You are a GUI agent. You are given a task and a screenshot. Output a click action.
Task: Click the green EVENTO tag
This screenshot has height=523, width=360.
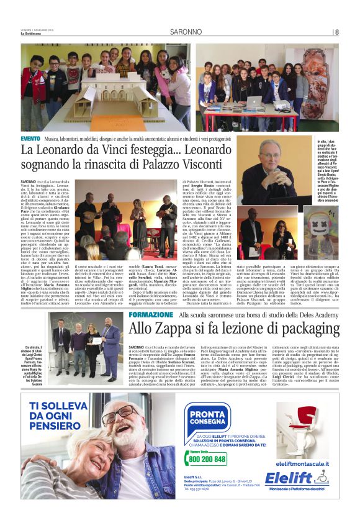pyautogui.click(x=30, y=137)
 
